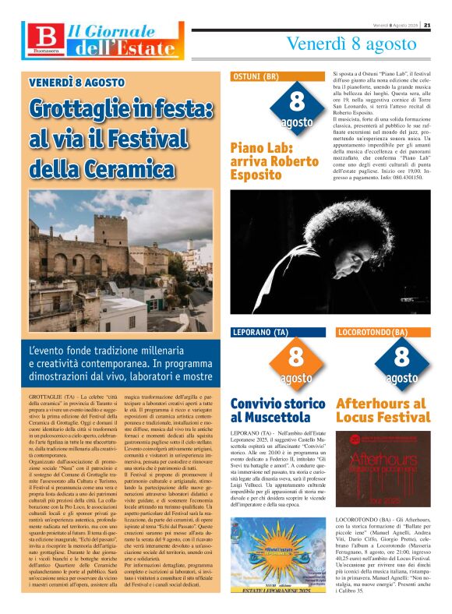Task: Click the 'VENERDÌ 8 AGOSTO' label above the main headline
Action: click(x=76, y=82)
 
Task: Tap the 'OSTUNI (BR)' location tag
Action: click(x=256, y=77)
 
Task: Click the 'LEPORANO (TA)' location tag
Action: click(x=263, y=333)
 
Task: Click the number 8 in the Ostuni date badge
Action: click(x=296, y=101)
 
